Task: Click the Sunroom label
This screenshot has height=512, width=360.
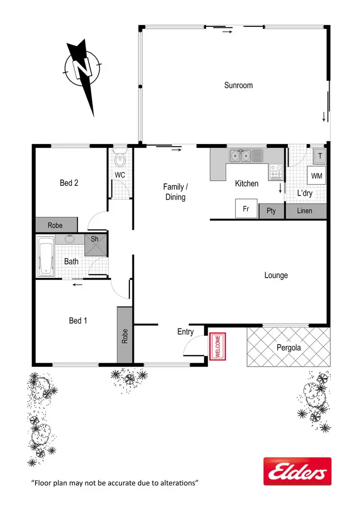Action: [x=238, y=85]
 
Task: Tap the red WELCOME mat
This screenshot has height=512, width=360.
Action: [x=217, y=346]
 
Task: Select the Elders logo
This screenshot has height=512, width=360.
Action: [x=297, y=471]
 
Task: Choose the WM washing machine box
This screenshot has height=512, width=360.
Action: [x=316, y=176]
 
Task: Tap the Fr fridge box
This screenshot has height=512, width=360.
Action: [x=245, y=209]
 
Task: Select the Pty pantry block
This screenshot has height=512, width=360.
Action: [x=271, y=211]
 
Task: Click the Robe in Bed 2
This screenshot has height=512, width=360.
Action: [x=56, y=225]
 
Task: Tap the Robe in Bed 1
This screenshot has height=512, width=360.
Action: [x=125, y=334]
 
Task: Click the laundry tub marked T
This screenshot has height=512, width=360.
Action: [x=319, y=155]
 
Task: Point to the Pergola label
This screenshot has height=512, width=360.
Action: [x=289, y=347]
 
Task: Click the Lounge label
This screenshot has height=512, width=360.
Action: [x=276, y=275]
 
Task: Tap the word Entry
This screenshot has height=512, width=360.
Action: [x=185, y=331]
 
